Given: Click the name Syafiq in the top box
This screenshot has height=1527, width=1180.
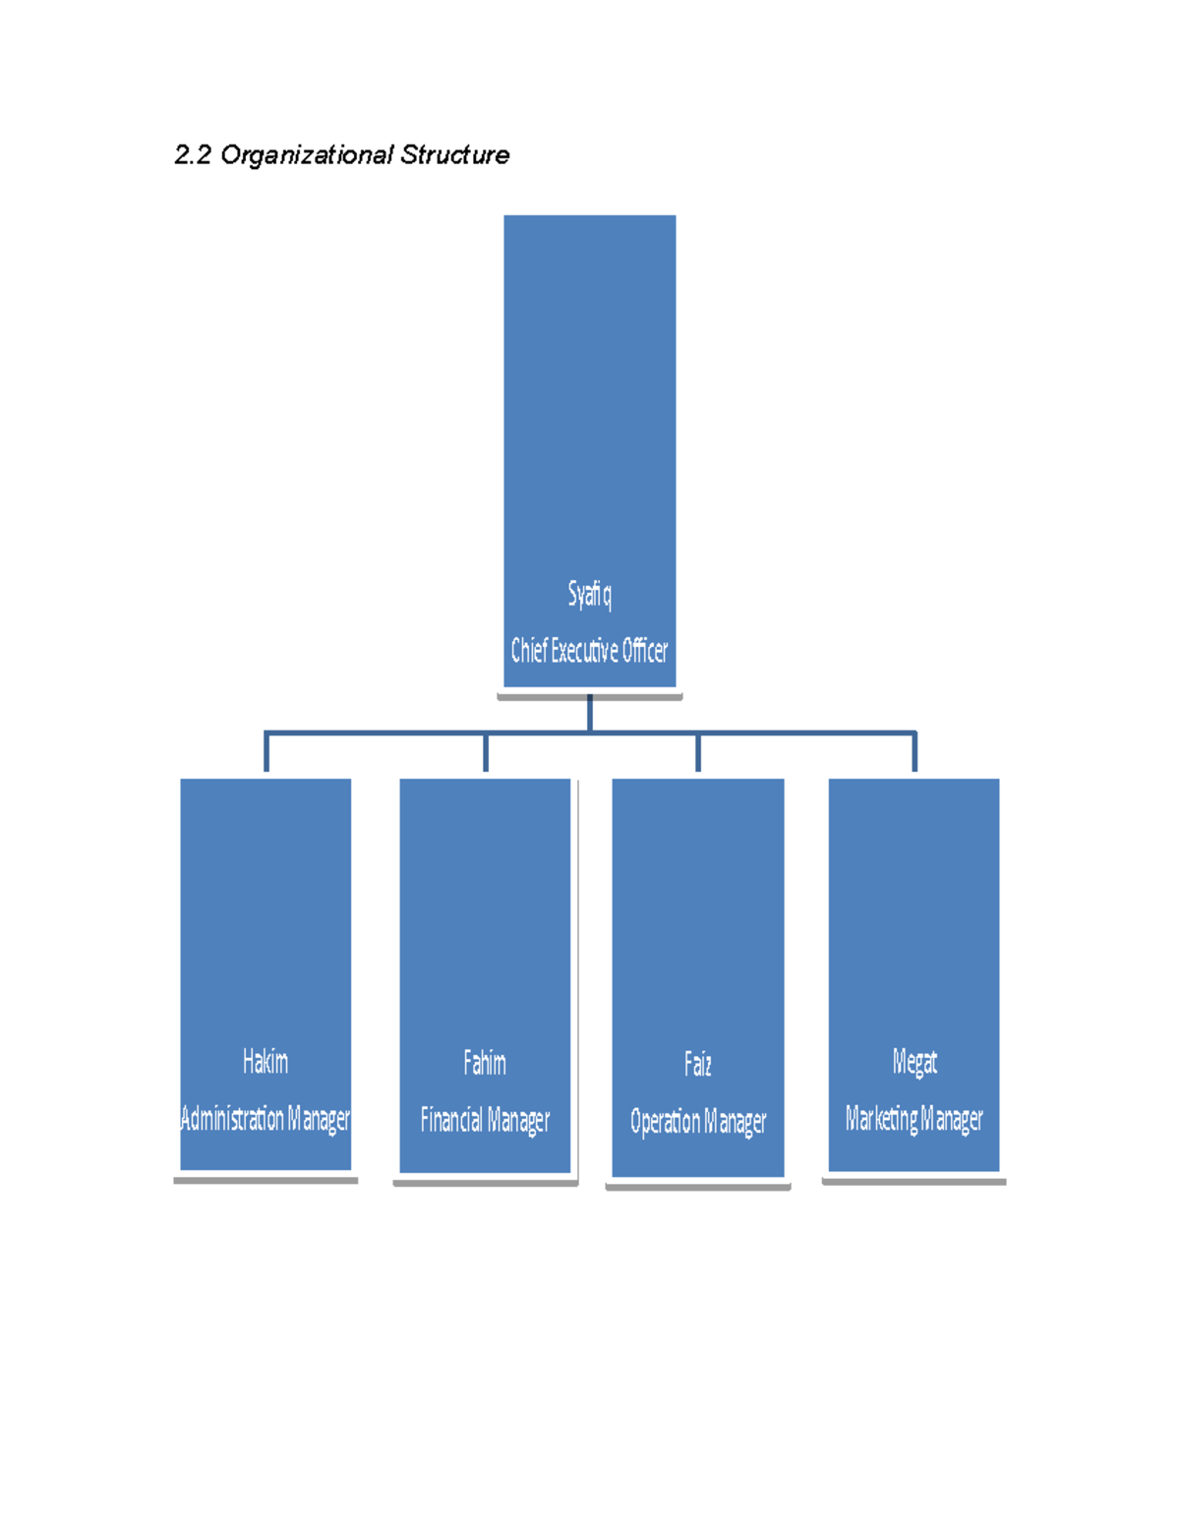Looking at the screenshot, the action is [590, 595].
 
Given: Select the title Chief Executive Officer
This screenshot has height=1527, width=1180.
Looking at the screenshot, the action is [589, 651].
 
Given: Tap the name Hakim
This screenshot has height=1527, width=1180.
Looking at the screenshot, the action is [265, 1061].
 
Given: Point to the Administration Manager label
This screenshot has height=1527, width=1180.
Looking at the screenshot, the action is [265, 1118].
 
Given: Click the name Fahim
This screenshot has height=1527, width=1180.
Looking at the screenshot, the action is [484, 1063].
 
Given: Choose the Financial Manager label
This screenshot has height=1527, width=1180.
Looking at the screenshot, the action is [485, 1120].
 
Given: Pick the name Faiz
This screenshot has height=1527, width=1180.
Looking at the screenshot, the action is [698, 1064].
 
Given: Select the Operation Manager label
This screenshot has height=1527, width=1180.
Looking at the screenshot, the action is [698, 1122].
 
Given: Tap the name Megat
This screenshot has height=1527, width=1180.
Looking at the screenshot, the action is [914, 1062].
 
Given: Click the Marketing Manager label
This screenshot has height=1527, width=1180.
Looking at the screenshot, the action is [914, 1119].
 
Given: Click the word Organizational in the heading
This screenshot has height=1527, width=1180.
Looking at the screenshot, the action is [307, 155].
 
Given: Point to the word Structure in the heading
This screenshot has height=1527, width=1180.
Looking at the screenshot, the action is [455, 154].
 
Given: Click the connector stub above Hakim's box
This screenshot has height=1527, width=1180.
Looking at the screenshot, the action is [266, 752].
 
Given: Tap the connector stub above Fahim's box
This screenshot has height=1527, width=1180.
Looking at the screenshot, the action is [486, 752].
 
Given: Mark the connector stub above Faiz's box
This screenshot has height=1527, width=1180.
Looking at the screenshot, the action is [698, 752].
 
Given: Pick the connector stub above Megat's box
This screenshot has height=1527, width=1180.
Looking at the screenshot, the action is [914, 752].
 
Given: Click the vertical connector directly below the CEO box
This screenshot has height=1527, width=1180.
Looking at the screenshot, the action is [590, 713].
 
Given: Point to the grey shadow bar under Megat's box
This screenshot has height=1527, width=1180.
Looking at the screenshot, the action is [914, 1182].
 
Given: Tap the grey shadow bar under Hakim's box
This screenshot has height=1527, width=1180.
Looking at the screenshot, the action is [265, 1181].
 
